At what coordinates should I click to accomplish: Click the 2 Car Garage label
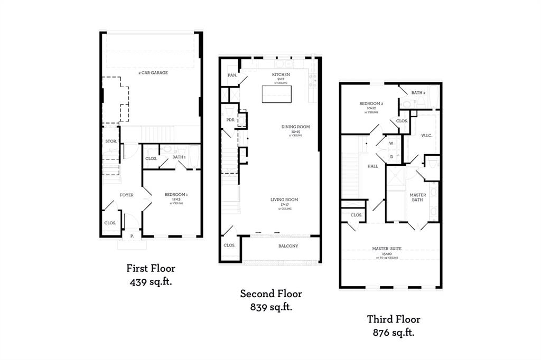(153, 72)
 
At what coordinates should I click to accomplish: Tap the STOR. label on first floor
(110, 141)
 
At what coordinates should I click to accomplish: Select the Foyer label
(126, 195)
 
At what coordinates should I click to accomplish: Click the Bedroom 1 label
(176, 195)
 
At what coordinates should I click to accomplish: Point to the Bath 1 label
(179, 157)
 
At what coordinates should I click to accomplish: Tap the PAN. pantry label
(231, 75)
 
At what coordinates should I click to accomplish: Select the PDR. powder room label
(230, 119)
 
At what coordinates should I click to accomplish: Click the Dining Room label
(295, 127)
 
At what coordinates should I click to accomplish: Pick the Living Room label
(284, 200)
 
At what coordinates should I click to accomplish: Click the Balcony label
(288, 246)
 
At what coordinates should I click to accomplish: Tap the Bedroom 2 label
(371, 103)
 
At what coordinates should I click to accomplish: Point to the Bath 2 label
(418, 92)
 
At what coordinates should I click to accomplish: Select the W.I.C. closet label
(427, 135)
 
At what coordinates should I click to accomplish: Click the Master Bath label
(418, 197)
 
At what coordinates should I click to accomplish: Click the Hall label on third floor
(373, 166)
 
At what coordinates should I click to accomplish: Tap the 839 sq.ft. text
(271, 307)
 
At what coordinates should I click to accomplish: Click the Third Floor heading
(394, 319)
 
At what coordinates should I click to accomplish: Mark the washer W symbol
(391, 143)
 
